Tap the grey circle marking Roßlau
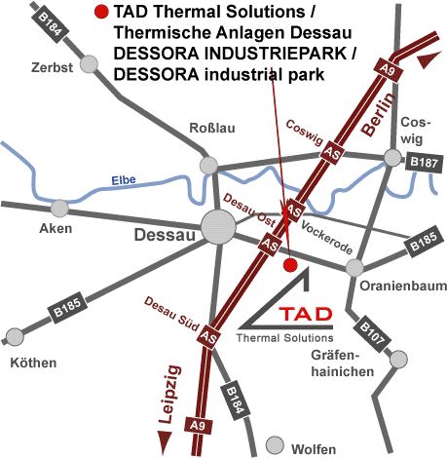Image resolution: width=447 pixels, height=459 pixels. tap(207, 165)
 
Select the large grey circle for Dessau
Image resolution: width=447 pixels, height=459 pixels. tap(217, 229)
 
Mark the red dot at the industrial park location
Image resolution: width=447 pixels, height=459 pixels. tap(288, 264)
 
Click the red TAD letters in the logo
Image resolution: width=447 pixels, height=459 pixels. tap(304, 316)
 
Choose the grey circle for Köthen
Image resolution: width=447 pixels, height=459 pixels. tap(14, 337)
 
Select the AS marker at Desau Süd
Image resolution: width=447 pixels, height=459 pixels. tap(207, 336)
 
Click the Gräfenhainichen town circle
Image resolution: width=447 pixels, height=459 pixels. tap(396, 360)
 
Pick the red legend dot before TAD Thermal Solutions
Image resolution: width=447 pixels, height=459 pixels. tap(101, 13)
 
